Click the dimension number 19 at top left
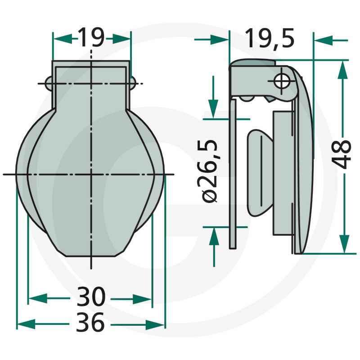tap(91, 38)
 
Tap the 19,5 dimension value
tap(269, 38)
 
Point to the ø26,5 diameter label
tap(210, 171)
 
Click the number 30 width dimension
tap(91, 297)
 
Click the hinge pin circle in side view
tap(282, 81)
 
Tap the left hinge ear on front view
tap(49, 83)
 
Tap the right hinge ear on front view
tap(133, 84)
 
